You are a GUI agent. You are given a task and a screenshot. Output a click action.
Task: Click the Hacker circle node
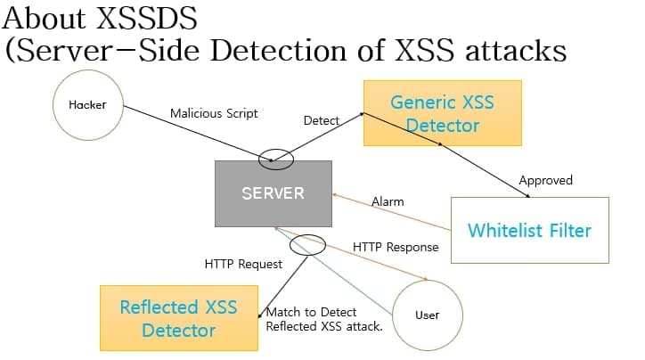(87, 106)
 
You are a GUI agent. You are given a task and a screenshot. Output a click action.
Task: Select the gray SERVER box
(273, 193)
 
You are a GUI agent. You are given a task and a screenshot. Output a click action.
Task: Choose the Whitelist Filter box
(529, 230)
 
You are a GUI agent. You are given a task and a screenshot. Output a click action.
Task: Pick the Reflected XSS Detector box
(179, 318)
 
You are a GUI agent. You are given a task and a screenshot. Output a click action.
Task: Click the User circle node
(428, 315)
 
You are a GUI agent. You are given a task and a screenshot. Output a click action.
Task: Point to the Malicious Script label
(214, 113)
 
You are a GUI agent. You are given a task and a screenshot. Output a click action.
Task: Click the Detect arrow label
(321, 119)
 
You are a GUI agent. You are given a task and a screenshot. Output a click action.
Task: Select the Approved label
(545, 180)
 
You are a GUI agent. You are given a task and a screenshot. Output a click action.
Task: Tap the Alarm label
(388, 201)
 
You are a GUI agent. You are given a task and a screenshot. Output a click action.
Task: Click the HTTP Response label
(396, 247)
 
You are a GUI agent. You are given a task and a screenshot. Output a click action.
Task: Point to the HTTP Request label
(243, 264)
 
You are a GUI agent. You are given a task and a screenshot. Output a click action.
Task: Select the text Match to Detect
(312, 312)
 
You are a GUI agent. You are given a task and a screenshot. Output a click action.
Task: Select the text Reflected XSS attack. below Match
(324, 327)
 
